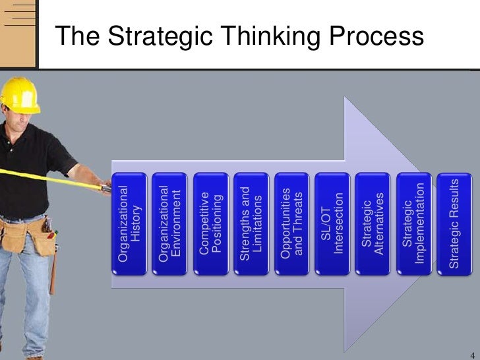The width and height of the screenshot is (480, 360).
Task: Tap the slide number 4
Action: click(x=469, y=350)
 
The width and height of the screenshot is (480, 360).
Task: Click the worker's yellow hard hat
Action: click(x=19, y=94)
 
